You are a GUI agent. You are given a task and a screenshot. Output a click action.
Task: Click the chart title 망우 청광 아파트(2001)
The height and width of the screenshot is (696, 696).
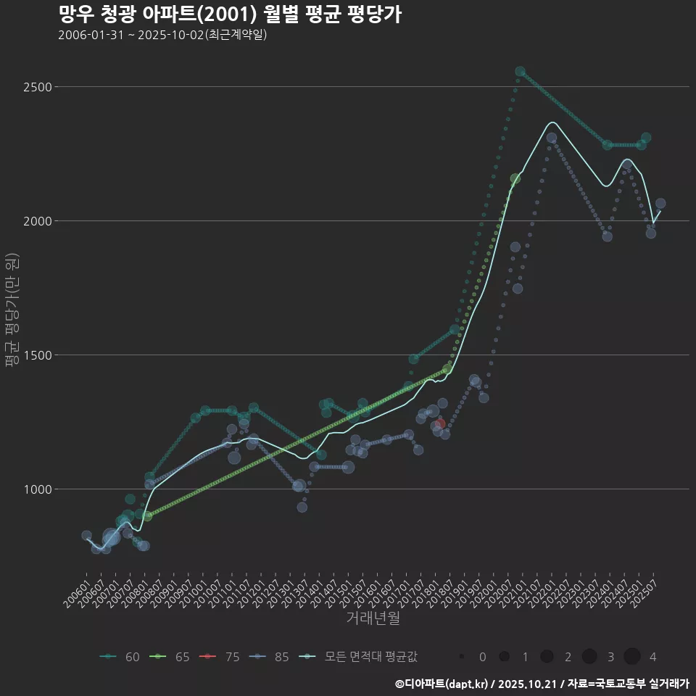[x=229, y=14]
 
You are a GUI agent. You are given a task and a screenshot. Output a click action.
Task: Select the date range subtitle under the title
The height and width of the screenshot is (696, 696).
[x=162, y=35]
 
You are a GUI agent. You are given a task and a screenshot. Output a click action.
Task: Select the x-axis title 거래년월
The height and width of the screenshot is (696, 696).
[x=373, y=618]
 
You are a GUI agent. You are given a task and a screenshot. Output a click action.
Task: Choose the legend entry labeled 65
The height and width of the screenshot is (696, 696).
[x=170, y=657]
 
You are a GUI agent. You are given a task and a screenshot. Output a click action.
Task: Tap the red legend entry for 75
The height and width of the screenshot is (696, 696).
[x=220, y=657]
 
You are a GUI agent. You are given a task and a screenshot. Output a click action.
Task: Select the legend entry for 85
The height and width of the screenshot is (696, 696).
[x=270, y=657]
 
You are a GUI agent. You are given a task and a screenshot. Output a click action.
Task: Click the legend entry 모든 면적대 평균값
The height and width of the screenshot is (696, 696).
[x=359, y=657]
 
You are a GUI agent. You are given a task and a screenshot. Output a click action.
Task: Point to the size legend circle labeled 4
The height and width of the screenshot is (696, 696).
[x=631, y=657]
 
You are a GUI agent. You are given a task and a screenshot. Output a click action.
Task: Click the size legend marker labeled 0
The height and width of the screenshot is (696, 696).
[x=461, y=657]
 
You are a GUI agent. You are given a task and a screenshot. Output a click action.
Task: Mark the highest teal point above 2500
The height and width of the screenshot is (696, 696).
[x=520, y=72]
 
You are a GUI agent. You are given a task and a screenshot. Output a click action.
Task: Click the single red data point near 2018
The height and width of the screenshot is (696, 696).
[x=440, y=424]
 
